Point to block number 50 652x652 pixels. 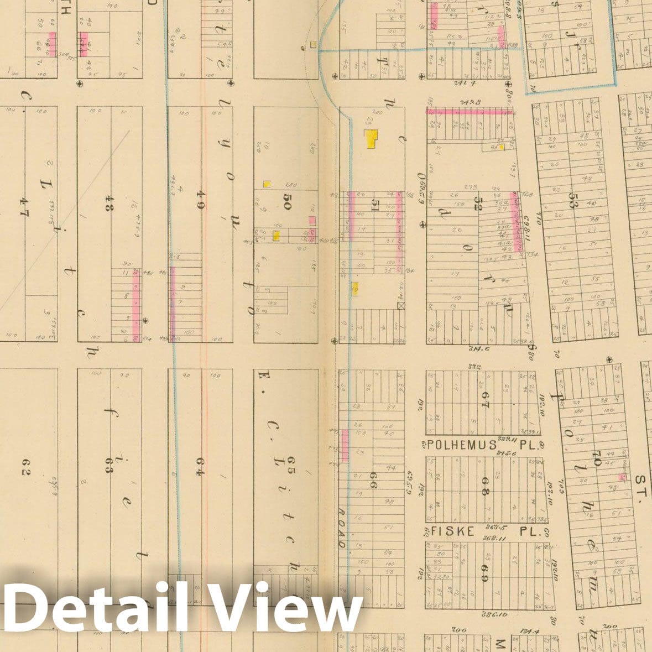[x=288, y=199]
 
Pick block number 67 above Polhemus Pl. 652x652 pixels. [x=485, y=400]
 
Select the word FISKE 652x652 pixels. [x=452, y=531]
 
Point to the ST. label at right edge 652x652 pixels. [x=643, y=487]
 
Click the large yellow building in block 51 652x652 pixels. [x=371, y=138]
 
